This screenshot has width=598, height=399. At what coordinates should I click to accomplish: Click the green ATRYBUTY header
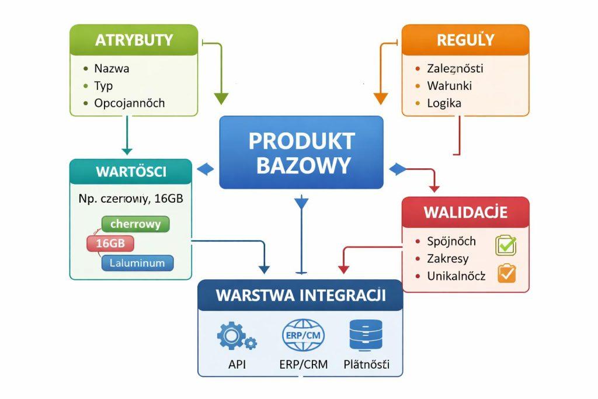point(134,40)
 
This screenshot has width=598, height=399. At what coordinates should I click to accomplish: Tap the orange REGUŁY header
point(465,40)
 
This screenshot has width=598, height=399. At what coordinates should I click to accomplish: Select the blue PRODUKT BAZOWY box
point(301,152)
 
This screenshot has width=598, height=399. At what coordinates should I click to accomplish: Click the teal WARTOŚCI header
point(130,172)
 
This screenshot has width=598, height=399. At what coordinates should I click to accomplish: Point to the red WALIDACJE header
point(465,211)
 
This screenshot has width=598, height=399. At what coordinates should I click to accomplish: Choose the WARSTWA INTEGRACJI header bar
point(300,295)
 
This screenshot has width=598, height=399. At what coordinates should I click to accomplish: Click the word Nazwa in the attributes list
point(112,68)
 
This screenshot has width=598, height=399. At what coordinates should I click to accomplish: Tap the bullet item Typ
point(103,86)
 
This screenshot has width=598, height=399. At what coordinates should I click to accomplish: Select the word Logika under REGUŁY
point(444,103)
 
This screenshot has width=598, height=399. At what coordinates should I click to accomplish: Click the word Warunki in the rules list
point(449,86)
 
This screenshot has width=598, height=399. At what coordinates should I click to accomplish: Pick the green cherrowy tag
point(135,224)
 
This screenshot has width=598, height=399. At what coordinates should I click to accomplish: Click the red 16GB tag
point(110,244)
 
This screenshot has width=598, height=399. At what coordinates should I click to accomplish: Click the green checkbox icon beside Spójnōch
point(506,245)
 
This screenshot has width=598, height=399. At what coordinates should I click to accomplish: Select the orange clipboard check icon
point(506,273)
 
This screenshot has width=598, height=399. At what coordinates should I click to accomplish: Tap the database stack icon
point(365,335)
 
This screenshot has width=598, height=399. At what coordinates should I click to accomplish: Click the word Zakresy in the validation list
point(447,259)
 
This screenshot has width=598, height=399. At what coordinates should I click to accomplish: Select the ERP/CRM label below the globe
point(303,365)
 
